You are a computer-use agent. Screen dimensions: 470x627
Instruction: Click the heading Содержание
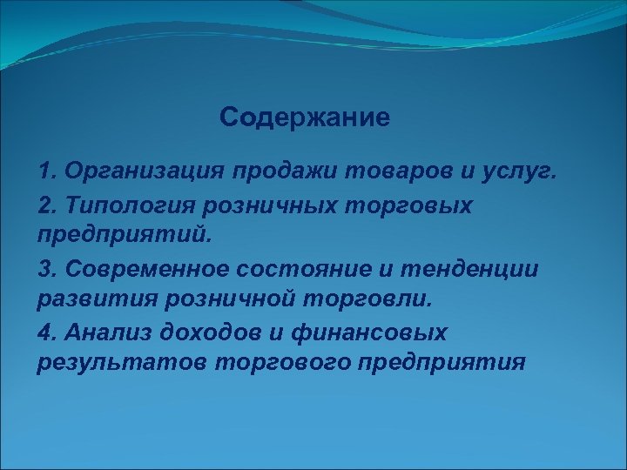pyautogui.click(x=305, y=117)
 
